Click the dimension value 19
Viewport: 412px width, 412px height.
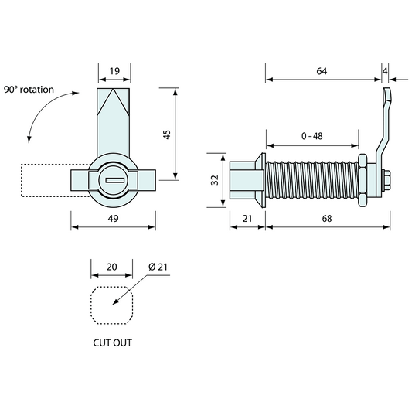point(114,71)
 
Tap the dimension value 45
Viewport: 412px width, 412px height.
point(167,134)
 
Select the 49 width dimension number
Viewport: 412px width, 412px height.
point(114,218)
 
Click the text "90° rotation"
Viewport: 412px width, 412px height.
point(29,90)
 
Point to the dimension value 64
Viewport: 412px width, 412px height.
point(322,71)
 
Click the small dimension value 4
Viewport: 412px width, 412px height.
point(385,71)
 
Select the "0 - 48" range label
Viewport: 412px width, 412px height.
point(312,136)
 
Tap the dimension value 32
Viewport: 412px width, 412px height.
point(215,180)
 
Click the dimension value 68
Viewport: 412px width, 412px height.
point(327,218)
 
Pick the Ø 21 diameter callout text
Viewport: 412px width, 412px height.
point(158,267)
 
